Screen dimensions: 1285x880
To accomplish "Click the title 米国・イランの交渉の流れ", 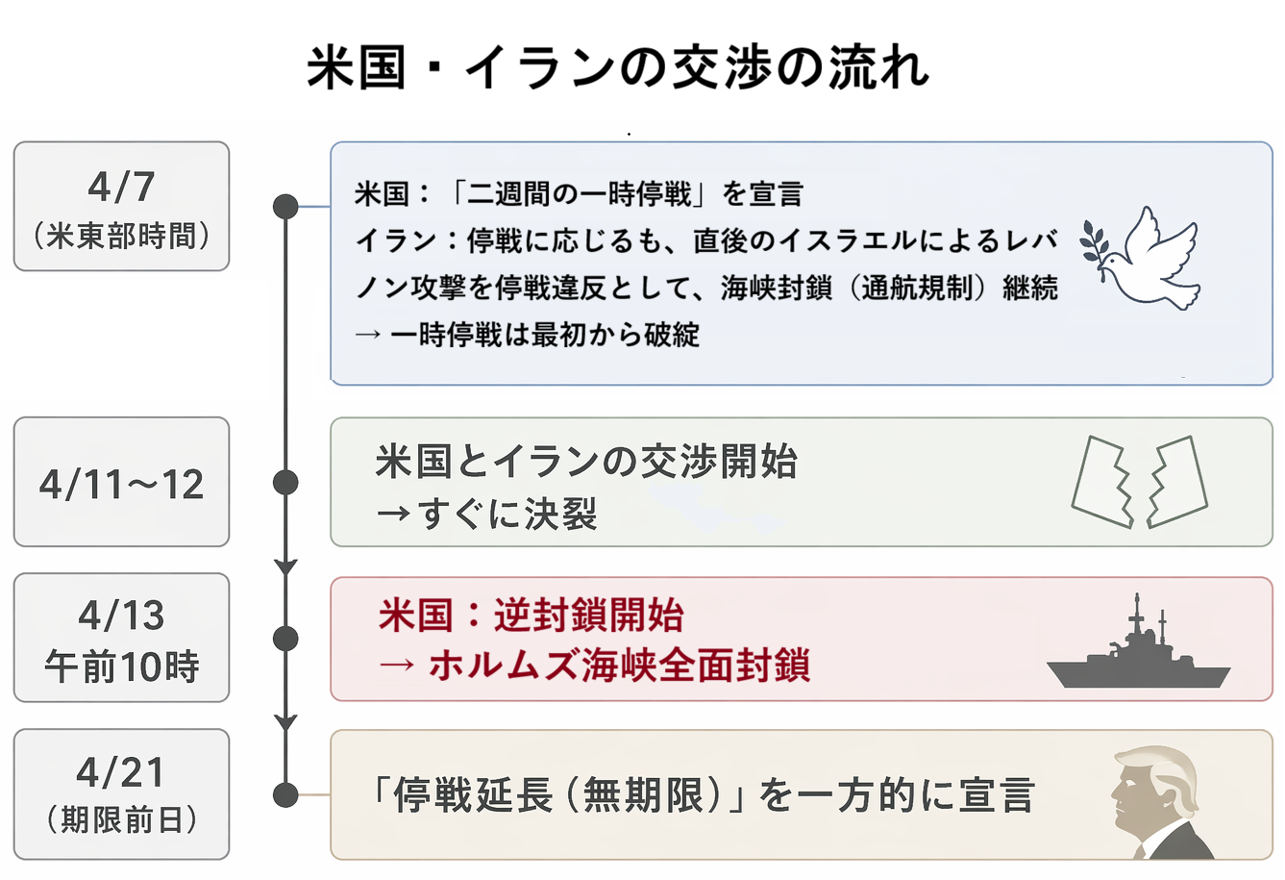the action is (618, 67).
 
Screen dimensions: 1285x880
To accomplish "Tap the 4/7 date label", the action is (121, 187).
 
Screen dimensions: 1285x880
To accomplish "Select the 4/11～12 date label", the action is (121, 485).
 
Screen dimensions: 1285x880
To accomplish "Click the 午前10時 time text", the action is (122, 666).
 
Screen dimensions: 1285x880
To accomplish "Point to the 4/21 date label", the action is (120, 772).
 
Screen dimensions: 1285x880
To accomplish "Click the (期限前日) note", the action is (121, 819).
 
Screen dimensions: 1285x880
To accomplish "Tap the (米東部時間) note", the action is (121, 236).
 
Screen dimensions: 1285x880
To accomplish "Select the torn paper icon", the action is (1139, 482).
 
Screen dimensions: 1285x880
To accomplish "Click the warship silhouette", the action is (1138, 641).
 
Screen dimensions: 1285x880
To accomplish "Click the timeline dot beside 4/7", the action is (285, 206).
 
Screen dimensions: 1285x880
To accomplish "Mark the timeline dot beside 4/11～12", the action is (285, 482).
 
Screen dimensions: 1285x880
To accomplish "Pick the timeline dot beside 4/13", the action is (285, 639).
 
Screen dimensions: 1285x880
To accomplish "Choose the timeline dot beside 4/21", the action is (285, 795).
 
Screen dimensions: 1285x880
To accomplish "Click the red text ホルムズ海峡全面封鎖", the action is (620, 665).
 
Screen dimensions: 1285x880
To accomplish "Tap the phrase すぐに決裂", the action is (507, 514).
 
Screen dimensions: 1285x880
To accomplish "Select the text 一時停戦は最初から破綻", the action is (544, 334).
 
